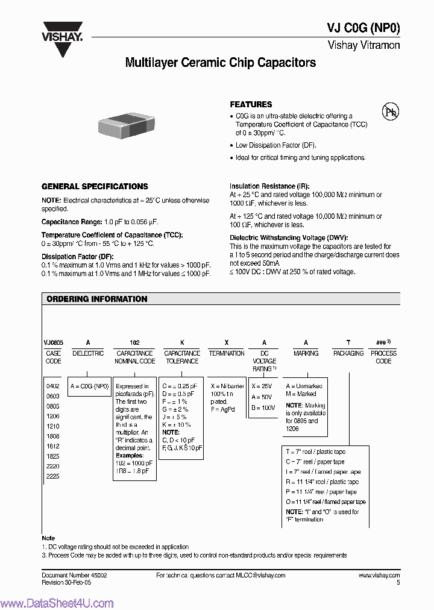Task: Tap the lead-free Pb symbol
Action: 391,112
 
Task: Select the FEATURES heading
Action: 251,104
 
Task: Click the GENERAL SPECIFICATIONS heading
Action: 95,187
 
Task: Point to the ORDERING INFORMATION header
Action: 97,299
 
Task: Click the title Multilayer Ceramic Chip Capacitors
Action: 220,63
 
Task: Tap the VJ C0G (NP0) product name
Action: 363,28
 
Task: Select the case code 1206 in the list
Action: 53,416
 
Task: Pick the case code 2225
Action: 53,476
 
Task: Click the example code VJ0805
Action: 53,342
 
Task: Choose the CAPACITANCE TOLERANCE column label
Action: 182,357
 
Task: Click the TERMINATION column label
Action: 227,353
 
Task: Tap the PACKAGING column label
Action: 348,353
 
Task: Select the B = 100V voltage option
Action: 263,408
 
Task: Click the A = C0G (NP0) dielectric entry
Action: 89,386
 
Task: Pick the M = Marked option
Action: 301,394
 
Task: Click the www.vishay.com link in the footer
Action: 379,576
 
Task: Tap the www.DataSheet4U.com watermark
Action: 57,603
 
